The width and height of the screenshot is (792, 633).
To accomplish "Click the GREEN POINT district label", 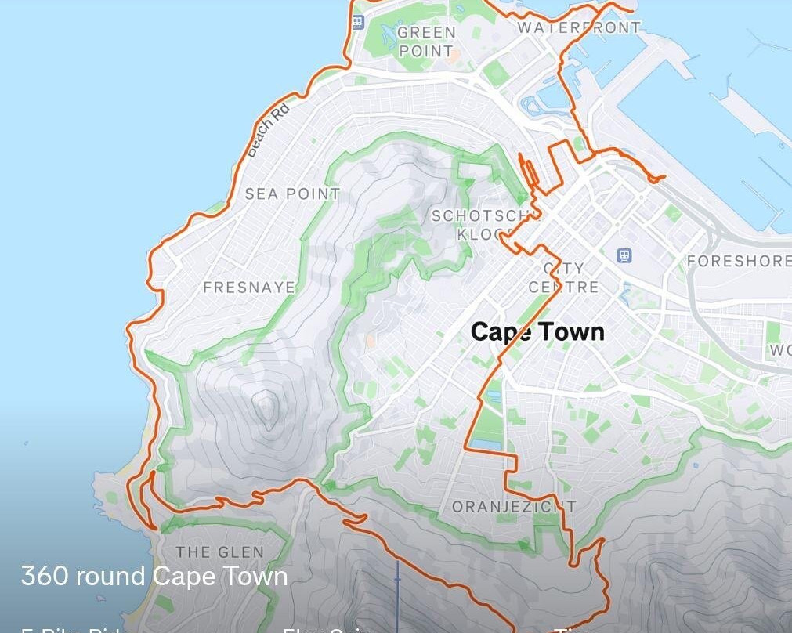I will click(426, 42).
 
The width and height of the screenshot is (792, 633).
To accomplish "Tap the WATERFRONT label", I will click(579, 27).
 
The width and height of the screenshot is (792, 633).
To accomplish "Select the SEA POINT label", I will click(292, 194).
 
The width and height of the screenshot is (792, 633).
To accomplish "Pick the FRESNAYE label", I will click(249, 288).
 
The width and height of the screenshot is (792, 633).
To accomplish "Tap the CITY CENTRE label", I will click(563, 278).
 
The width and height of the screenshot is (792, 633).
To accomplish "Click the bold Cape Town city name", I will click(537, 331).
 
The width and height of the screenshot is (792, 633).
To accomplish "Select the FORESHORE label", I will click(739, 261).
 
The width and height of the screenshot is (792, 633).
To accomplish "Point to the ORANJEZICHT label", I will click(514, 507).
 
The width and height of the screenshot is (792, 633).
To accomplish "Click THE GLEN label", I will click(220, 552).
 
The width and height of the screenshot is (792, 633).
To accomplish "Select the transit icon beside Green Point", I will click(358, 22).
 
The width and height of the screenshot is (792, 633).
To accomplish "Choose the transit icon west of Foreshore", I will click(624, 255).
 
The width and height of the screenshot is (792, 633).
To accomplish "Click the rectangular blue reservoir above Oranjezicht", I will click(487, 444).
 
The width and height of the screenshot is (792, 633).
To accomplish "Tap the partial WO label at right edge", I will click(779, 350).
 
